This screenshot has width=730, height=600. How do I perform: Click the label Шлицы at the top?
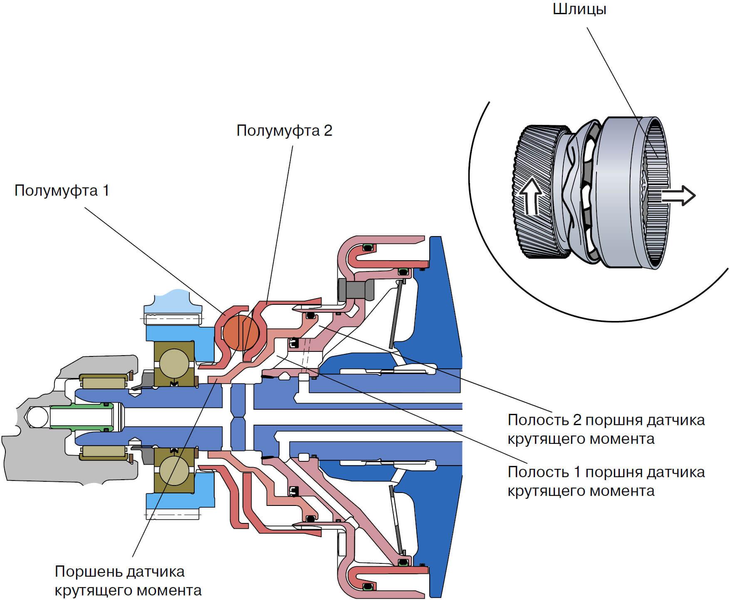click(579, 9)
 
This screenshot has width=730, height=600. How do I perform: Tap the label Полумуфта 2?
click(285, 131)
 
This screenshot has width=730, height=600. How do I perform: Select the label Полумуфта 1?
click(62, 191)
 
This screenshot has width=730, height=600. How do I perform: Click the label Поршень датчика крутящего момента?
click(128, 581)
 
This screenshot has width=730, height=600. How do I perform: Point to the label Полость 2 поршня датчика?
click(606, 420)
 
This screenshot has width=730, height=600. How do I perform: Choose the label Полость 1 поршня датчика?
click(606, 472)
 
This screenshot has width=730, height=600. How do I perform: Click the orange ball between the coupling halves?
click(241, 332)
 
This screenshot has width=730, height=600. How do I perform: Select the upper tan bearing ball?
click(174, 363)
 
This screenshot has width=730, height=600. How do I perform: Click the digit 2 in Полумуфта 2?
click(328, 131)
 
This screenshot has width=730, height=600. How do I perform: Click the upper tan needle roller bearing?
click(104, 382)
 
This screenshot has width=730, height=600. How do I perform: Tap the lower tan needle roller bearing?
click(104, 452)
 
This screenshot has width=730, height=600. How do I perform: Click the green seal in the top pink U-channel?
click(367, 249)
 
